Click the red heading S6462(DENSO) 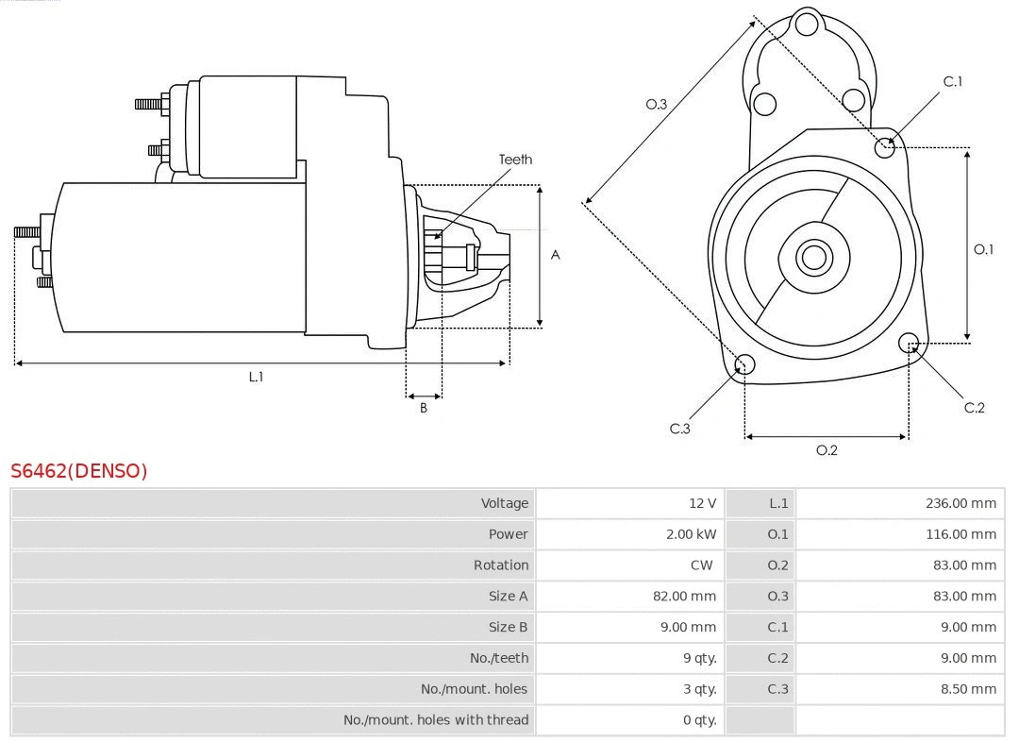pyautogui.click(x=79, y=471)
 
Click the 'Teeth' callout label pyautogui.click(x=515, y=160)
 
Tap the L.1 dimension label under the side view pyautogui.click(x=256, y=377)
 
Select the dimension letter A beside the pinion pyautogui.click(x=556, y=255)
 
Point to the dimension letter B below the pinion pyautogui.click(x=424, y=409)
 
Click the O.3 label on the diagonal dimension pyautogui.click(x=657, y=105)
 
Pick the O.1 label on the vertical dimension pyautogui.click(x=984, y=249)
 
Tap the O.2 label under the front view pyautogui.click(x=827, y=450)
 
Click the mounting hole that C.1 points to pyautogui.click(x=885, y=147)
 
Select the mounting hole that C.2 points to pyautogui.click(x=909, y=342)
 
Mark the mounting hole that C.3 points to pyautogui.click(x=744, y=365)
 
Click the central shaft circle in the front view pyautogui.click(x=812, y=257)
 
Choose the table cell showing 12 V pyautogui.click(x=702, y=503)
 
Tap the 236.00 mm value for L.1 pyautogui.click(x=961, y=503)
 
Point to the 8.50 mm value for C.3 pyautogui.click(x=968, y=689)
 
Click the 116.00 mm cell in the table pyautogui.click(x=961, y=534)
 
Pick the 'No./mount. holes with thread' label pyautogui.click(x=436, y=720)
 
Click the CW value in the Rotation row pyautogui.click(x=701, y=565)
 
